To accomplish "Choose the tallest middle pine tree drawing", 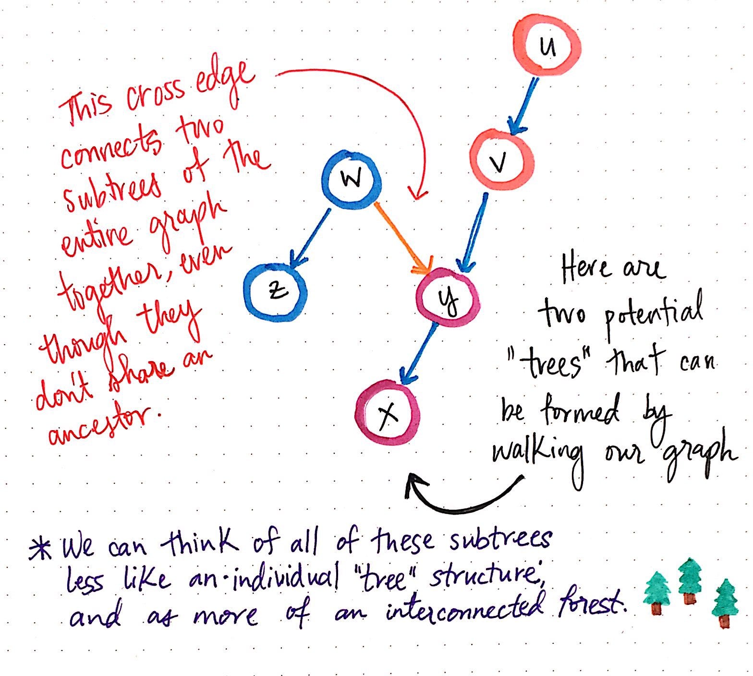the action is [x=690, y=581].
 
